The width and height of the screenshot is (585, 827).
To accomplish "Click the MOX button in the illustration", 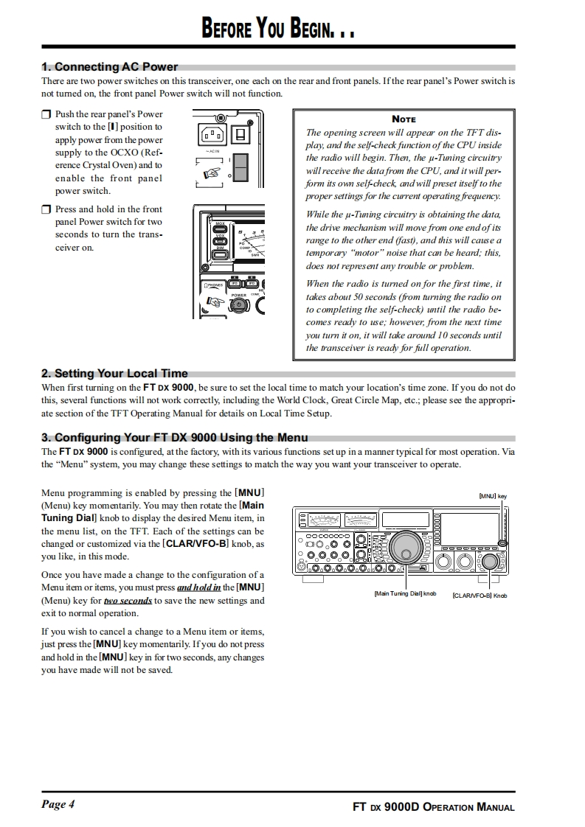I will pos(220,226).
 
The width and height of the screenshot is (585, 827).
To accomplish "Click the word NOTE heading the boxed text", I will pos(404,119).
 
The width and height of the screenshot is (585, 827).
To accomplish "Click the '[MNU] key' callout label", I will pos(492,496).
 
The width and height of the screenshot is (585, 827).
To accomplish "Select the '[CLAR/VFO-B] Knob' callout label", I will pos(479,595).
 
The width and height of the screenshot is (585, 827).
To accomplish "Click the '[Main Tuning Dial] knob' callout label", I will pos(405,593).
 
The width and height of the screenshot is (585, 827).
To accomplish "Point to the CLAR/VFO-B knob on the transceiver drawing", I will pos(489,561).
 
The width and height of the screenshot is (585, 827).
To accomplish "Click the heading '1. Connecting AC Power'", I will pos(110,67).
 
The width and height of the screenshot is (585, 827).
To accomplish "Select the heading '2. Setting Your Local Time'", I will pos(114,373).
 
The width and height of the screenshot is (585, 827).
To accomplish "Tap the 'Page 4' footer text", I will pos(58,804).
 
